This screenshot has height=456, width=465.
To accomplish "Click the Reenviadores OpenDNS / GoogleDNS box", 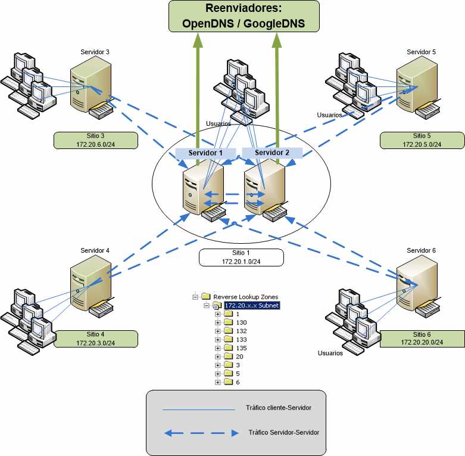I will (x=244, y=16).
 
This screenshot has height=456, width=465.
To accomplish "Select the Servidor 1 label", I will (x=205, y=153).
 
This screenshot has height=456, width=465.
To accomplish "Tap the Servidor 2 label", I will (x=272, y=153).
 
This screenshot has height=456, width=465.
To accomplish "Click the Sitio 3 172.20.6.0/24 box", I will (x=95, y=141).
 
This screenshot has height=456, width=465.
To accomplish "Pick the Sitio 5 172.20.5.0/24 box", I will (x=422, y=141).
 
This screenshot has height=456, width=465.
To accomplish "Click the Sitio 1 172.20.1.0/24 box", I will (x=241, y=257).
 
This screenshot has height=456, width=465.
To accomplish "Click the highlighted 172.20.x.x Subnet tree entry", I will (x=251, y=305).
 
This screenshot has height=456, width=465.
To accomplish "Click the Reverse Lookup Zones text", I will (x=245, y=296).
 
